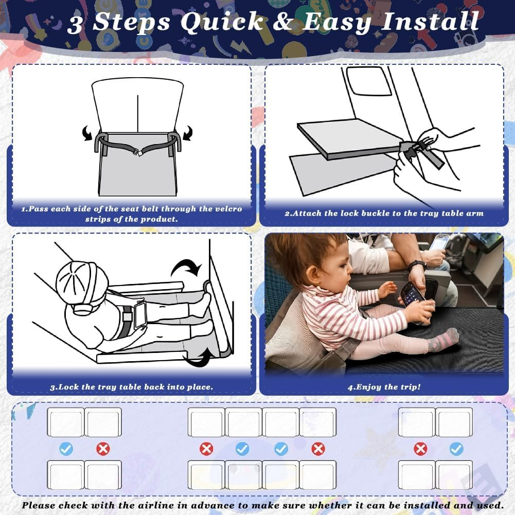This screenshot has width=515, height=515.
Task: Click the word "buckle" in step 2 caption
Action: tap(374, 213)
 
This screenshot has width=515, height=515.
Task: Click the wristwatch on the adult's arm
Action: tap(416, 265)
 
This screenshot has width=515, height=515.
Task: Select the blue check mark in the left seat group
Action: tap(66, 449)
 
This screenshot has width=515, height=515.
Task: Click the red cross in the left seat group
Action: tap(103, 449)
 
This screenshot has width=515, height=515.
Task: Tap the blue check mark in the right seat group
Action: tap(456, 449)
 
